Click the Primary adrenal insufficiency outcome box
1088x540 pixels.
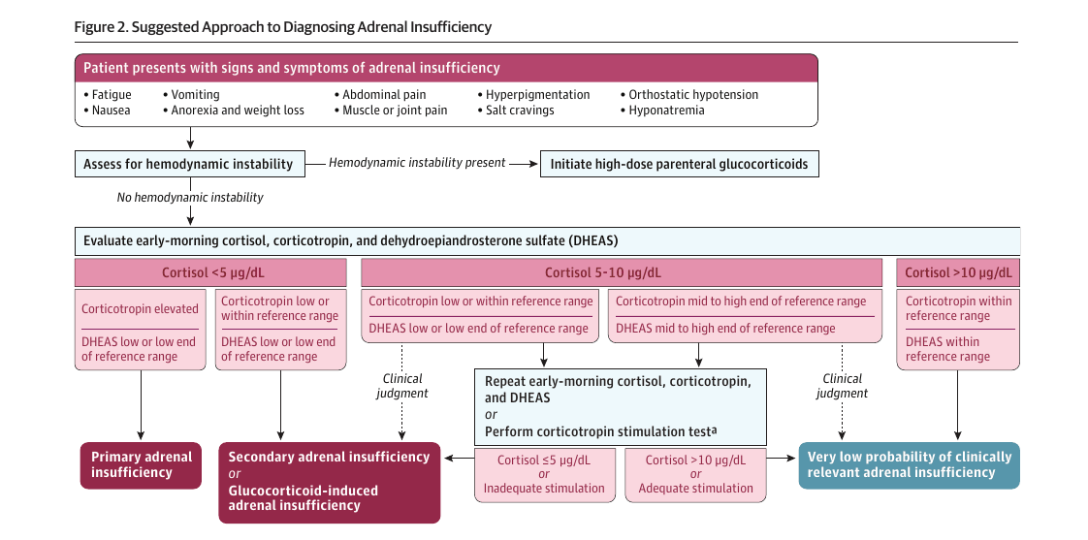point(141,465)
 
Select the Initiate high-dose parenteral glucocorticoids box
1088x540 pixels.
point(679,165)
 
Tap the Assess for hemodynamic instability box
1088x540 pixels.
point(189,165)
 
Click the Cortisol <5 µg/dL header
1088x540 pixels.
point(210,272)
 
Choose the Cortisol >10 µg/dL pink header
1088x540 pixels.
point(958,272)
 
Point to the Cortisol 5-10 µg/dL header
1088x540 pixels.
point(622,272)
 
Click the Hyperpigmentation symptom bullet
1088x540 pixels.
point(533,94)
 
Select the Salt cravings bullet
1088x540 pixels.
point(516,111)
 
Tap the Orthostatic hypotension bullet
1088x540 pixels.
point(689,94)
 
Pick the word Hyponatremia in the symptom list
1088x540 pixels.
point(667,111)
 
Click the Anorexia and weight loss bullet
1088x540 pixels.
point(233,111)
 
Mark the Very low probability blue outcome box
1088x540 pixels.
point(909,465)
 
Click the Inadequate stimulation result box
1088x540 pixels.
point(544,473)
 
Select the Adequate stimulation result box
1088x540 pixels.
point(695,473)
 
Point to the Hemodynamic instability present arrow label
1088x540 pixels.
point(417,163)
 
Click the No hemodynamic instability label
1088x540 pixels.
point(190,198)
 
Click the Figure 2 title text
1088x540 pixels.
point(283,27)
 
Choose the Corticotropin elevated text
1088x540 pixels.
point(141,309)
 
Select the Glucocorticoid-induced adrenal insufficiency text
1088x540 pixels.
point(304,498)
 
